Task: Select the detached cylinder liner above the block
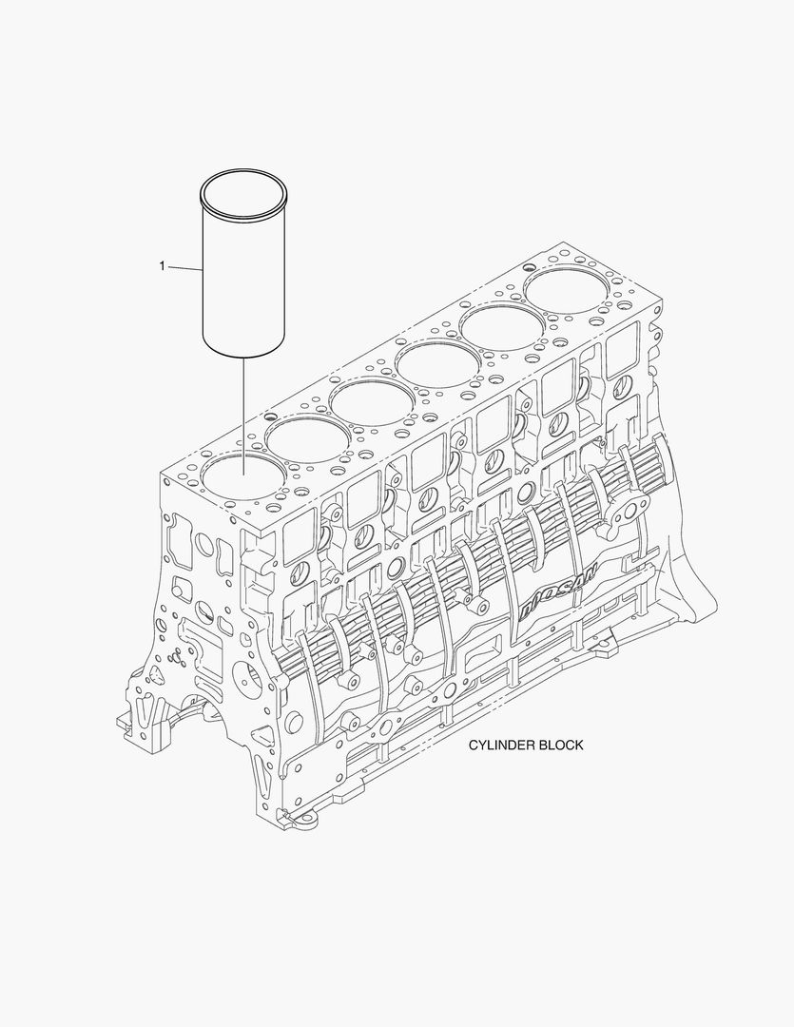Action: tap(242, 271)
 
